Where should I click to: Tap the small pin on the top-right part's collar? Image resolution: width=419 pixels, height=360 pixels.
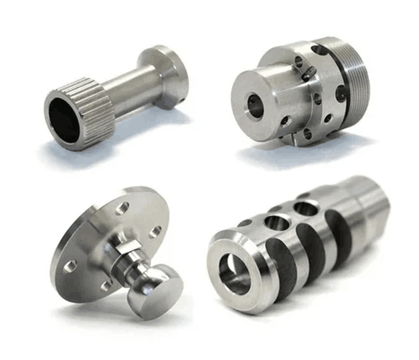(x=309, y=75)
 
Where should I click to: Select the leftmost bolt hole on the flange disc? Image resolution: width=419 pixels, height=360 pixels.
(x=72, y=266)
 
